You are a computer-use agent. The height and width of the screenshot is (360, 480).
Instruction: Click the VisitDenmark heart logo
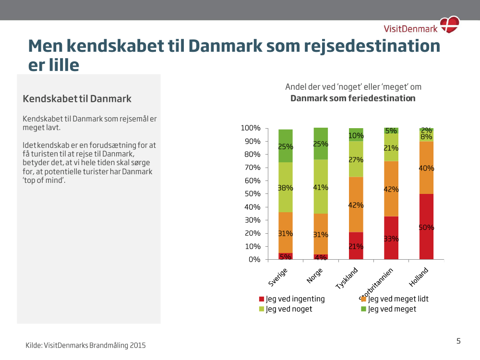pyautogui.click(x=451, y=24)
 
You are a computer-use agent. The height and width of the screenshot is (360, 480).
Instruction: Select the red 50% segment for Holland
pyautogui.click(x=426, y=227)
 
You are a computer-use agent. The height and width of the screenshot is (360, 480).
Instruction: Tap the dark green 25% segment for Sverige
pyautogui.click(x=286, y=146)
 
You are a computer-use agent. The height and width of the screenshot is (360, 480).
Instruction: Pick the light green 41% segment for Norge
pyautogui.click(x=321, y=187)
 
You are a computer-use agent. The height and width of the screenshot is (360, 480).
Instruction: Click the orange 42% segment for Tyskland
pyautogui.click(x=356, y=204)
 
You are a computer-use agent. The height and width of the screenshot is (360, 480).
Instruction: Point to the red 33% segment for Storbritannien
pyautogui.click(x=391, y=238)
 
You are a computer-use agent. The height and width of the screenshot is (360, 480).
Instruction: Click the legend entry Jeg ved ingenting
pyautogui.click(x=292, y=299)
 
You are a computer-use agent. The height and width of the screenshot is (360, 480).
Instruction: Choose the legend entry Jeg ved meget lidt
pyautogui.click(x=395, y=299)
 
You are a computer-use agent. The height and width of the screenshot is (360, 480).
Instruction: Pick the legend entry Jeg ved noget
pyautogui.click(x=286, y=309)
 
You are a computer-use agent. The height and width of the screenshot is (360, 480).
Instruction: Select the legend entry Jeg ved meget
pyautogui.click(x=389, y=309)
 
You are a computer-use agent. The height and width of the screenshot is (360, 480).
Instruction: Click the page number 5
pyautogui.click(x=458, y=341)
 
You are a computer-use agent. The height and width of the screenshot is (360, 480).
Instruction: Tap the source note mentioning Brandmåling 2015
pyautogui.click(x=85, y=345)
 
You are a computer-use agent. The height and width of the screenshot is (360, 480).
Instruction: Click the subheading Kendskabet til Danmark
pyautogui.click(x=77, y=99)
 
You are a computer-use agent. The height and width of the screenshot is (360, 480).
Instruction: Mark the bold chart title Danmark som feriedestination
pyautogui.click(x=353, y=98)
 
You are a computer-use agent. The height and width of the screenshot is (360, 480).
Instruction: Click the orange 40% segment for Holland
pyautogui.click(x=426, y=168)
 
